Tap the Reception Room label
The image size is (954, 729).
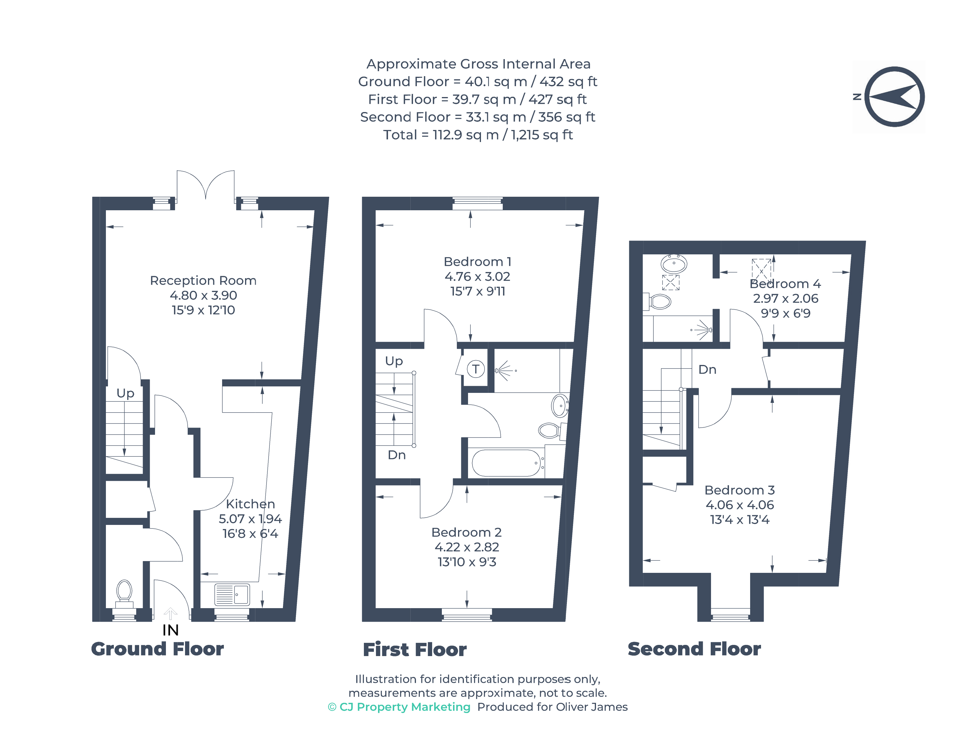203,281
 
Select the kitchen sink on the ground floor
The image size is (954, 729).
232,595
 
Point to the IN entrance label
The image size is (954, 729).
171,630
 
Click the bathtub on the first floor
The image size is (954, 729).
506,463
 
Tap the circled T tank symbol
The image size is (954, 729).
476,369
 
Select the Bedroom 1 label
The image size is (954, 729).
477,262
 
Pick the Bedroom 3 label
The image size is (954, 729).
739,490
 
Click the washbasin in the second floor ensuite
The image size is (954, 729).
674,264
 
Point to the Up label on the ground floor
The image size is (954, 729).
125,393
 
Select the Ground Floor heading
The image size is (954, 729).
157,649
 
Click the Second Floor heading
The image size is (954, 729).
694,649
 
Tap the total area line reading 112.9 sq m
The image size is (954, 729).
478,135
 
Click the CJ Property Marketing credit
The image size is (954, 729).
399,707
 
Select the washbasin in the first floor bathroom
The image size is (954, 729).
560,406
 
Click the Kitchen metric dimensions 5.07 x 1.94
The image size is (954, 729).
250,519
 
